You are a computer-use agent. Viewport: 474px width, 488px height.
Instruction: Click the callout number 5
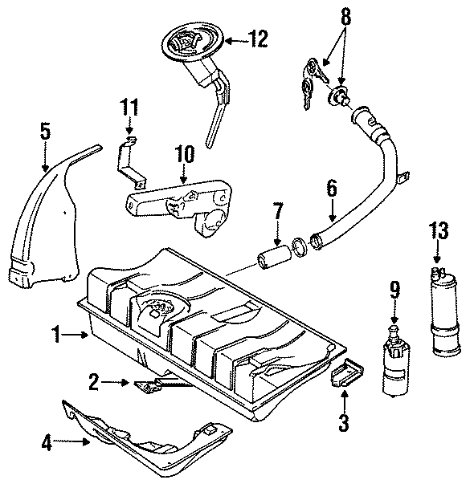pos(45,131)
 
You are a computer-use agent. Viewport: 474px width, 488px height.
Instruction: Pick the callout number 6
pos(330,189)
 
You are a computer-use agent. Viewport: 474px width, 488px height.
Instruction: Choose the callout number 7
pos(277,213)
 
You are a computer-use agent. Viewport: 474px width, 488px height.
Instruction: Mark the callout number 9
pos(394,287)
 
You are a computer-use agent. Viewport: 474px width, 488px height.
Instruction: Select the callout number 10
pos(184,154)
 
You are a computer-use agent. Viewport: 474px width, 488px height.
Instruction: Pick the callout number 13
pos(437,230)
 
